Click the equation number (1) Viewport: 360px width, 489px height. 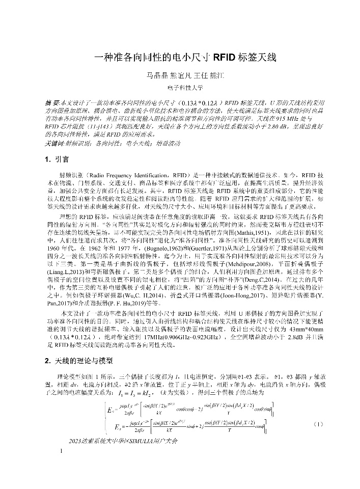(x=318, y=423)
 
